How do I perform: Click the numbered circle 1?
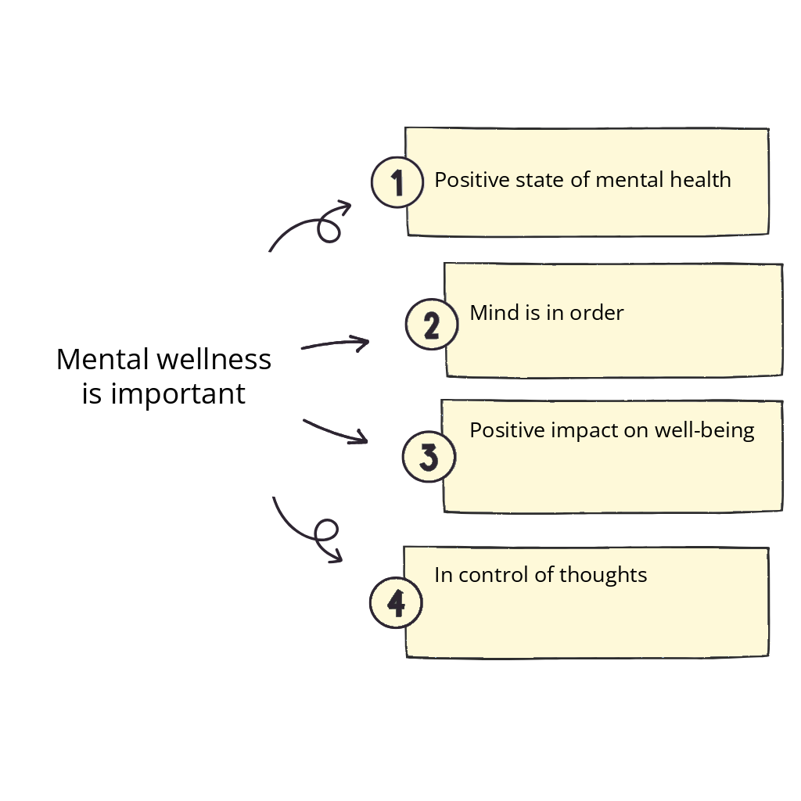[x=397, y=182]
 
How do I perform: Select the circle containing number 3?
[x=429, y=457]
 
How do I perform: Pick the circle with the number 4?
[x=396, y=603]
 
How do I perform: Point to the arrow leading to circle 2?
[x=335, y=343]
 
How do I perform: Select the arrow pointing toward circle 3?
[x=335, y=432]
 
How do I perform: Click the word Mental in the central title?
[x=102, y=360]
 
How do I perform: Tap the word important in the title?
[x=178, y=394]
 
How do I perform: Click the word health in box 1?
[x=700, y=180]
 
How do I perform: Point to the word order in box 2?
[x=598, y=313]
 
